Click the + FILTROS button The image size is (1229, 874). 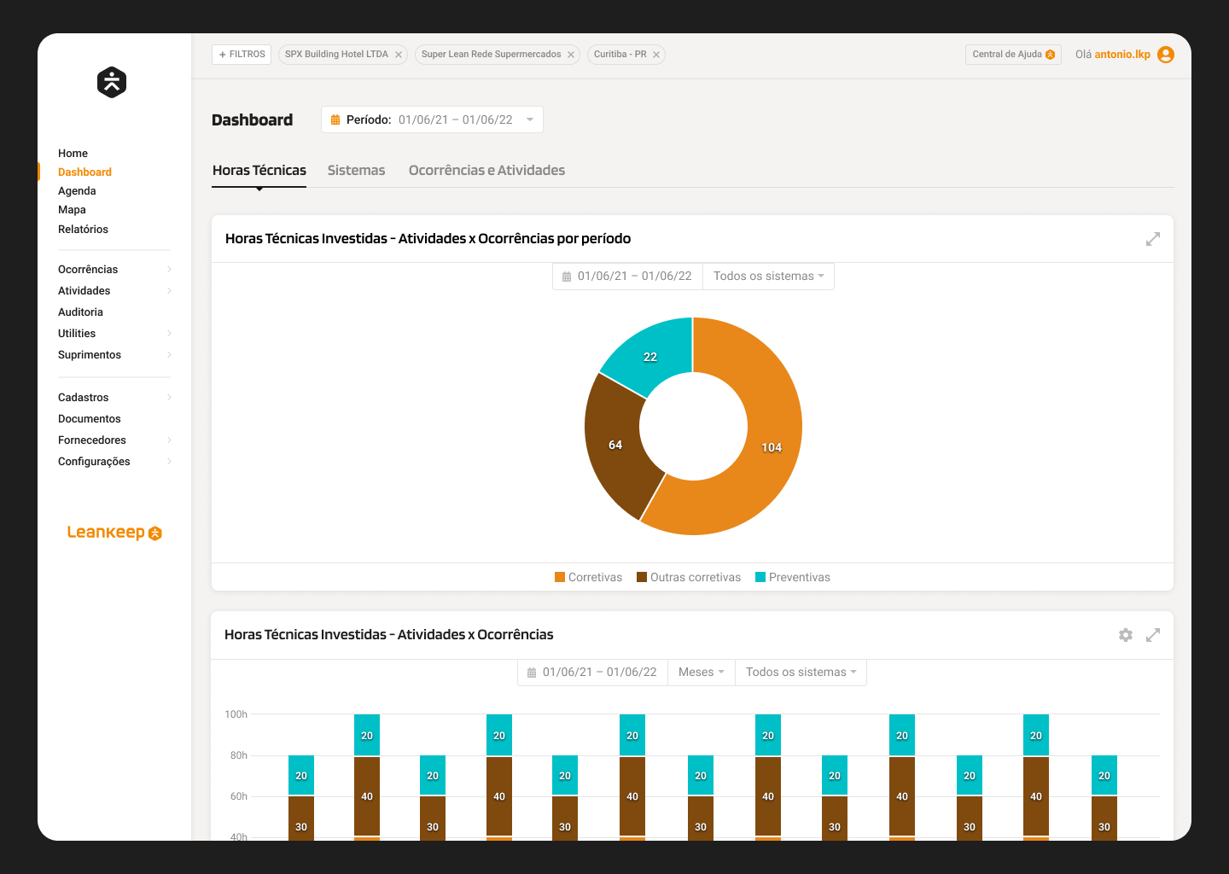(242, 55)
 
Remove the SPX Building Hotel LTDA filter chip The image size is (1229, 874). (399, 55)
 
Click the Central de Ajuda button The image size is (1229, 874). (1013, 55)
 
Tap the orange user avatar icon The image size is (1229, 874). (1166, 55)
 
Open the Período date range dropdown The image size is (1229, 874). (432, 119)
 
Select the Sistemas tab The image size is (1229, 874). (356, 171)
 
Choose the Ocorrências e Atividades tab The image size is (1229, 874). (486, 171)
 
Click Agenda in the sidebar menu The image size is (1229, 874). (77, 191)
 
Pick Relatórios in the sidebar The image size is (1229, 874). (83, 230)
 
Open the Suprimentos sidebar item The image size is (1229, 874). (90, 355)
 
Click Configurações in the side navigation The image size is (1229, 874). (94, 462)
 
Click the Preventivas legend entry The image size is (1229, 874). (793, 578)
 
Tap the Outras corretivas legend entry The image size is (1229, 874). (689, 578)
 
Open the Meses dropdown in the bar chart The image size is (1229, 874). (701, 673)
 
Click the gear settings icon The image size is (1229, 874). (1126, 635)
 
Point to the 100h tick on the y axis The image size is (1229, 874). (236, 714)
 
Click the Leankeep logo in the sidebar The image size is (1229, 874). (114, 533)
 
